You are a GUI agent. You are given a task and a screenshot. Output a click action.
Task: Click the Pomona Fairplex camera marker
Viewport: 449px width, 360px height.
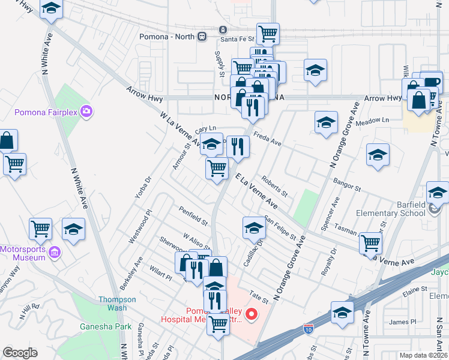click(87, 111)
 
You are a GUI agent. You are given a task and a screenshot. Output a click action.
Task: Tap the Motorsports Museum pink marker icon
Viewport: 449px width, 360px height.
click(55, 253)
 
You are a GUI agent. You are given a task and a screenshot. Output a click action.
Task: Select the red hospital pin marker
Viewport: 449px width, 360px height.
click(252, 313)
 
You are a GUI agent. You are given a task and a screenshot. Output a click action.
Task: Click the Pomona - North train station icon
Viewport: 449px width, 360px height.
click(202, 35)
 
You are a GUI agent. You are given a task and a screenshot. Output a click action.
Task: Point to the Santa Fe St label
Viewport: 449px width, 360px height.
click(237, 39)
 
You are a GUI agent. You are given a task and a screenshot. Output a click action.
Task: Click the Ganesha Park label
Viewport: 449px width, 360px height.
click(97, 327)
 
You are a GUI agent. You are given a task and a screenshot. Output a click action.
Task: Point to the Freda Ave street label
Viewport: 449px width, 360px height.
click(267, 139)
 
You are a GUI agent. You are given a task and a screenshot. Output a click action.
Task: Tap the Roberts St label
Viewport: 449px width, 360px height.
click(275, 187)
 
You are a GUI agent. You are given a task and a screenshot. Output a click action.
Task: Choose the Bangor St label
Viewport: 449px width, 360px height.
click(345, 184)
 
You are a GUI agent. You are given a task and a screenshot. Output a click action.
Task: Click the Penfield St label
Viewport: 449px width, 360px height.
click(192, 216)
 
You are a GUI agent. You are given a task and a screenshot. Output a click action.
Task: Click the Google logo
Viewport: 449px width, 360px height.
click(20, 353)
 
